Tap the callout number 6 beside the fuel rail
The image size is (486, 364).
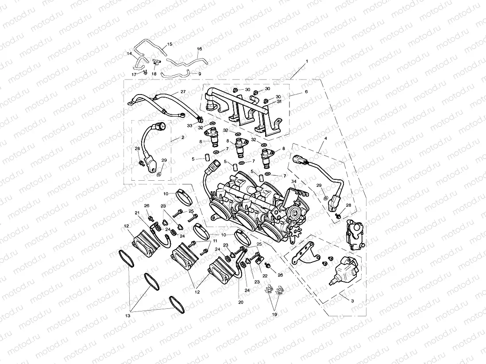pos(305,91)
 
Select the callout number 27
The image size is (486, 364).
pos(183,92)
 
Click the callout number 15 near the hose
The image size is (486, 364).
pos(169,45)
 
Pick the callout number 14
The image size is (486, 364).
pos(130,54)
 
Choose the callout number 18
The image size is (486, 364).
pos(154,74)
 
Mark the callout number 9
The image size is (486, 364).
pos(200,73)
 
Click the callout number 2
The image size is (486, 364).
pos(183,138)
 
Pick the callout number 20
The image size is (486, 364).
pos(241,303)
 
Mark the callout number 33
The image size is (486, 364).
pos(189,126)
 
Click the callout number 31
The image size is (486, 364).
pos(279,102)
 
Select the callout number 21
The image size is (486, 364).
pos(138,213)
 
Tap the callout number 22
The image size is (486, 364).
pos(265,276)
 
